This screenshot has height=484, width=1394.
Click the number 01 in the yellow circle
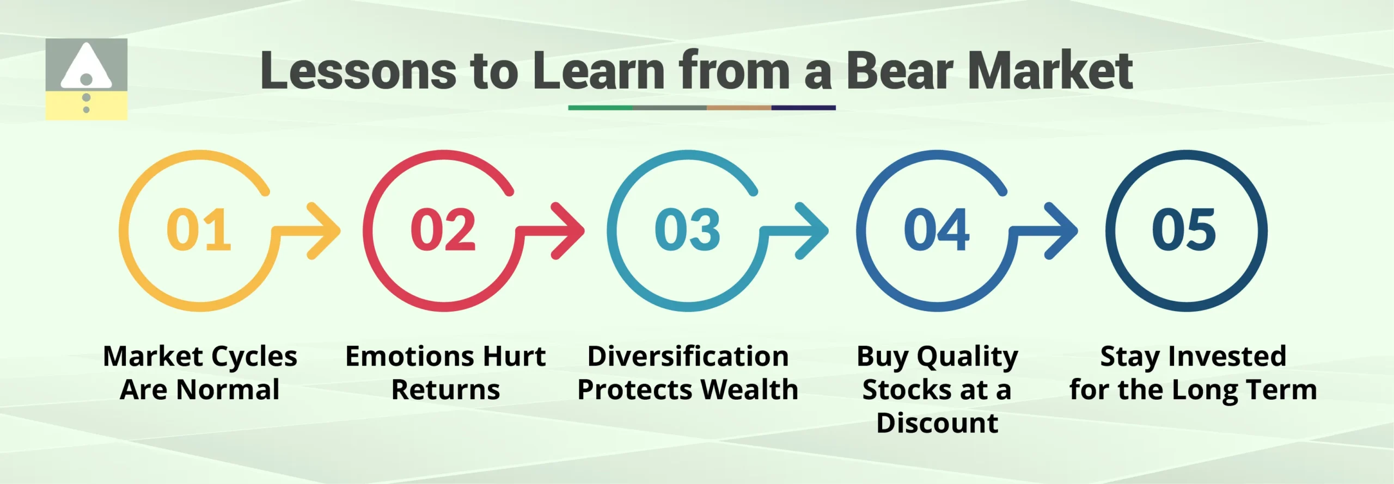(199, 230)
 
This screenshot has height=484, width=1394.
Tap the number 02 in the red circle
(443, 230)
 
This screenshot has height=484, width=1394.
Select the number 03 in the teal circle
(687, 230)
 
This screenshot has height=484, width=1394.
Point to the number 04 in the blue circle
(937, 230)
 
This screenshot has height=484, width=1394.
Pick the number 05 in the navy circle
(1184, 230)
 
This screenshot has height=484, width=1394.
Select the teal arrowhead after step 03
(814, 231)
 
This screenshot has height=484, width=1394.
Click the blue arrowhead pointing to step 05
(1063, 231)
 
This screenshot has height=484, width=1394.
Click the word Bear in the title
(899, 71)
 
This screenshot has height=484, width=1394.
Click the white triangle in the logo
(86, 68)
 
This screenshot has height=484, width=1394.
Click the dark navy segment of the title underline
(803, 108)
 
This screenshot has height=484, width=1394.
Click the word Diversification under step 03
(688, 357)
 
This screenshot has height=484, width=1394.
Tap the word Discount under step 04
(937, 423)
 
